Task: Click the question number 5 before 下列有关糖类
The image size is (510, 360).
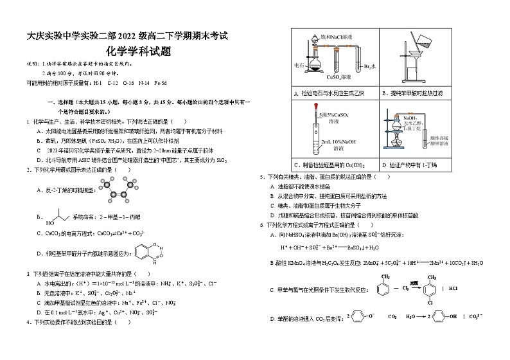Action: pos(261,175)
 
